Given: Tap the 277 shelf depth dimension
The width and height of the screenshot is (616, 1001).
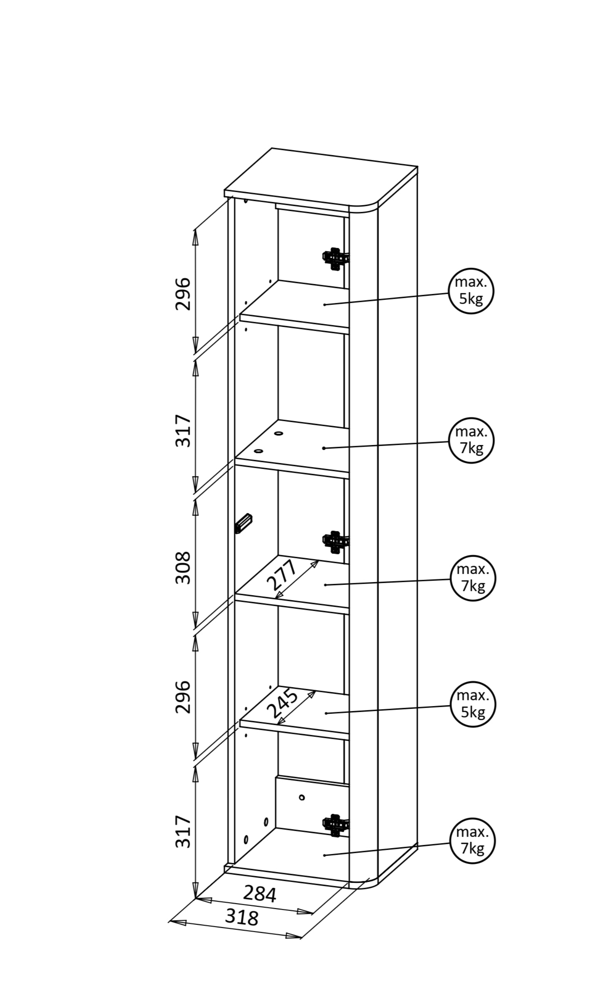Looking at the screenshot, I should pyautogui.click(x=282, y=575).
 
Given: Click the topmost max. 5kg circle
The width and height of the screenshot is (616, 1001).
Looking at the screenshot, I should pyautogui.click(x=471, y=291).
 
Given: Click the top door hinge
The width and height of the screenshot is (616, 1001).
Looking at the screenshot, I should pyautogui.click(x=336, y=258).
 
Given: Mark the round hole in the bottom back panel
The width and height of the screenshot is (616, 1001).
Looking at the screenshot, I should pyautogui.click(x=301, y=797).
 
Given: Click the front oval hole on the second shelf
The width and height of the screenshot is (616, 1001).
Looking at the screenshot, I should pyautogui.click(x=258, y=451).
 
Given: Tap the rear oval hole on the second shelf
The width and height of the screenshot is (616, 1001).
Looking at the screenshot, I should pyautogui.click(x=279, y=433).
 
